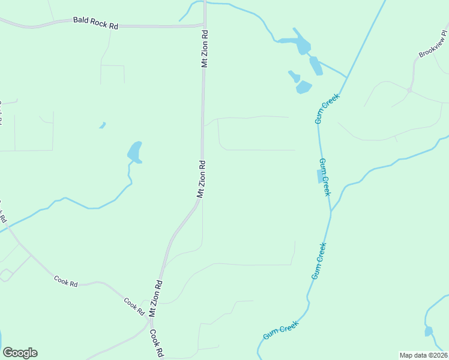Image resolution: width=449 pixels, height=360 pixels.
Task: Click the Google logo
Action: coord(20,353)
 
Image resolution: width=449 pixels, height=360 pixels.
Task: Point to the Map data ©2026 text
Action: coord(423,355)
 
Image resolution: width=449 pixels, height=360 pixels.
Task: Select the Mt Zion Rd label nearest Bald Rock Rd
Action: coord(204,48)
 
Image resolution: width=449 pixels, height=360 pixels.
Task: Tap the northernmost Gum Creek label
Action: coord(328,109)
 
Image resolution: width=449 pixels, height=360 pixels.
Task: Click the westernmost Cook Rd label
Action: coord(66,280)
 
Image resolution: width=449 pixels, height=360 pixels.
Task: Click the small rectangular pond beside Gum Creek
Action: coord(319,176)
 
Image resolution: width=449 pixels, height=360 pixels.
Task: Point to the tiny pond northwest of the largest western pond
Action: coord(103,125)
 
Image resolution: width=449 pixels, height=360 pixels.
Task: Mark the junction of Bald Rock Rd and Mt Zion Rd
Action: coord(204,25)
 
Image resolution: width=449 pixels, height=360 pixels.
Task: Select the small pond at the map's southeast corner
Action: coord(429,331)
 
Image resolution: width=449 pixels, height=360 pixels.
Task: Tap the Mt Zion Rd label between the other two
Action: coord(202,179)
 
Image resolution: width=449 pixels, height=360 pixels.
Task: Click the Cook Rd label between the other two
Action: coord(134,306)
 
